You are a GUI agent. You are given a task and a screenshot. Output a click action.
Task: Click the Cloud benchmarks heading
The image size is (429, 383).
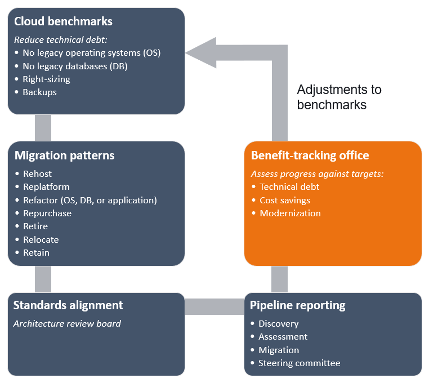[63, 22]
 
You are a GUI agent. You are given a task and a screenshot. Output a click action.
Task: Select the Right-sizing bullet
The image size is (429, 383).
[46, 79]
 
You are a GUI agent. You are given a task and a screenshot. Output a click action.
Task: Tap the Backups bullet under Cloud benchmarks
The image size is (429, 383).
[39, 92]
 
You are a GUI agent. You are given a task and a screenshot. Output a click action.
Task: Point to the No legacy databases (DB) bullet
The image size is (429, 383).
[75, 66]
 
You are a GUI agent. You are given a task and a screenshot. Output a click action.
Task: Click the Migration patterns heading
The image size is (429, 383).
[64, 155]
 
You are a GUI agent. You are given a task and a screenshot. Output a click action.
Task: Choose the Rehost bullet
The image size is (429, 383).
[37, 173]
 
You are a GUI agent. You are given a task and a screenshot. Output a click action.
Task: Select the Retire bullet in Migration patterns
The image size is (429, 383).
[35, 226]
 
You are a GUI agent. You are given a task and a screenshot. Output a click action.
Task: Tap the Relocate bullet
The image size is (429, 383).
[41, 239]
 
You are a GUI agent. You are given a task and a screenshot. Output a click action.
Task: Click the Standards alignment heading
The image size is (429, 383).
[68, 306]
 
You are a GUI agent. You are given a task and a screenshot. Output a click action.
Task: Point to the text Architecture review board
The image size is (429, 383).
[67, 324]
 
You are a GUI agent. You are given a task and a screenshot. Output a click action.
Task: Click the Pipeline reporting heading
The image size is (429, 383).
[298, 306]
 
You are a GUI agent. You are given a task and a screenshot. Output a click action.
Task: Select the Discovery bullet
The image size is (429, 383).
[278, 324]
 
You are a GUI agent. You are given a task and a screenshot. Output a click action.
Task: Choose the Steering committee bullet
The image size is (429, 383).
[299, 363]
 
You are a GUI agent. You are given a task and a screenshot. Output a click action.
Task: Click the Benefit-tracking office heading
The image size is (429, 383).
[310, 155]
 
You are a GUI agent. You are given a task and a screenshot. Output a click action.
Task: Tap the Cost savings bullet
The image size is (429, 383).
[285, 200]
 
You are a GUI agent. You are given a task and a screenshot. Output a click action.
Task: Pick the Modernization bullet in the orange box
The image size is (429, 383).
[290, 213]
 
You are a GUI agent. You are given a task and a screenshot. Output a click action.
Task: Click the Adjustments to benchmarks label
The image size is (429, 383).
[339, 97]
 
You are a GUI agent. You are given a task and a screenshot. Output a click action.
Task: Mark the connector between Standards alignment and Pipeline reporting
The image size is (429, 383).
[214, 306]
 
